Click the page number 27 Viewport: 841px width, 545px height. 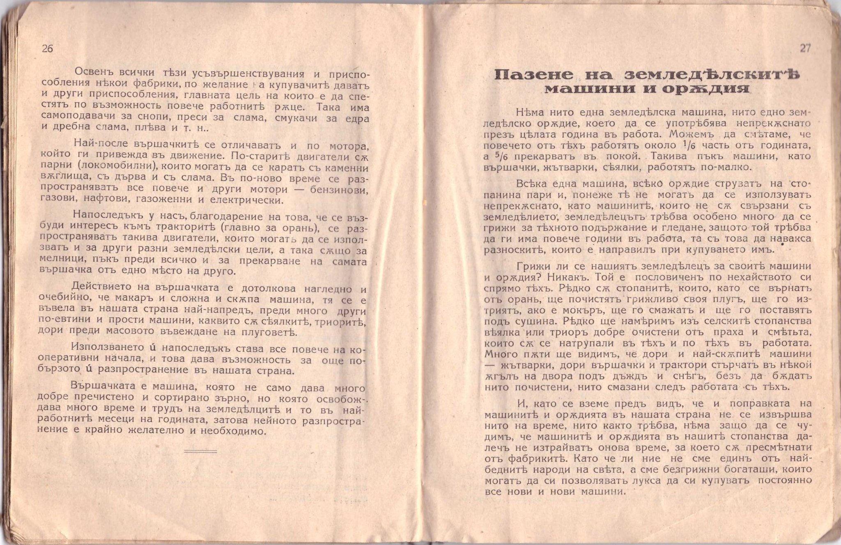(x=805, y=48)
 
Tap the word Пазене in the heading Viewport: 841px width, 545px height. (x=528, y=75)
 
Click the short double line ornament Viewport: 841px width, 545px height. (x=200, y=451)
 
